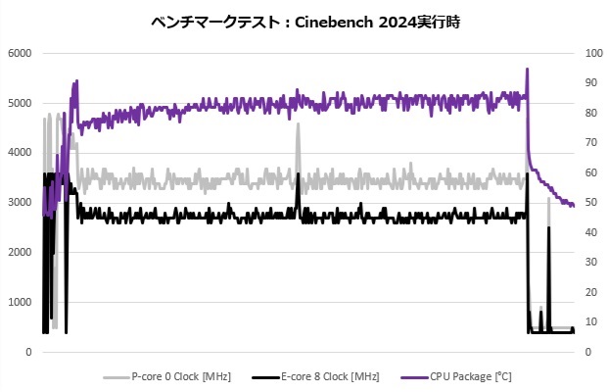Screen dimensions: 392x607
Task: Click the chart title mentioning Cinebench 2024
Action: point(303,21)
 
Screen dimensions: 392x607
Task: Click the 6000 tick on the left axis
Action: point(19,53)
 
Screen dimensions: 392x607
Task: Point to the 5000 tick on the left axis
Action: point(19,103)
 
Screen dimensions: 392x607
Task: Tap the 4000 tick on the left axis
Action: point(19,153)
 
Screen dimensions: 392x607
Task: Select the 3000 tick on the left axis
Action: point(19,202)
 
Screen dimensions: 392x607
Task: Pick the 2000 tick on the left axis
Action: point(19,252)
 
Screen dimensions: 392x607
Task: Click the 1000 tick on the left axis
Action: point(19,302)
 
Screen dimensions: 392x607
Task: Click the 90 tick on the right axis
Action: point(590,83)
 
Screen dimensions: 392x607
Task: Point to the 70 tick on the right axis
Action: point(590,143)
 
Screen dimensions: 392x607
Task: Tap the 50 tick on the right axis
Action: point(590,203)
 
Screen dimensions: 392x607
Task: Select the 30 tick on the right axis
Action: point(590,263)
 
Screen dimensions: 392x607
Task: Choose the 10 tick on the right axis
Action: point(590,322)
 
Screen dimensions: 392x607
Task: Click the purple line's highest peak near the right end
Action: point(528,70)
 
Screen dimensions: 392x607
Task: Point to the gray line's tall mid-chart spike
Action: point(298,138)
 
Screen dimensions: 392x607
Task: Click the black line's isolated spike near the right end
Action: point(548,228)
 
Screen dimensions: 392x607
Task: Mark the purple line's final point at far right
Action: point(574,206)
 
